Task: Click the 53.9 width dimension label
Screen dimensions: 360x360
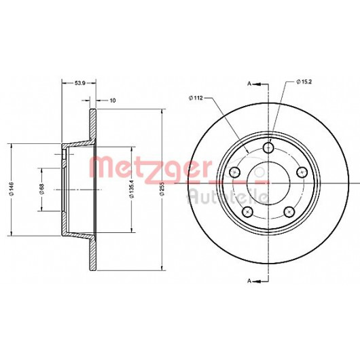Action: [x=80, y=83]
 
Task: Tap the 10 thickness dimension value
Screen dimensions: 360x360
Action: [x=113, y=101]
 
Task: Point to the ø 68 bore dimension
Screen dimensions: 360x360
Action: [x=42, y=190]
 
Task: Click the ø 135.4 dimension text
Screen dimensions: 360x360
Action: [x=131, y=189]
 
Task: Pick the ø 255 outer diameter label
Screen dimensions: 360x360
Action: [x=162, y=189]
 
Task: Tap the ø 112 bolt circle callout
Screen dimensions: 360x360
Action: [x=196, y=98]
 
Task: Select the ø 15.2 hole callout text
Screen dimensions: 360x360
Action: [x=304, y=82]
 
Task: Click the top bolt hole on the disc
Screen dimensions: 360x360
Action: [x=268, y=148]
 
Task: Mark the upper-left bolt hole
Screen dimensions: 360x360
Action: [x=235, y=172]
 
